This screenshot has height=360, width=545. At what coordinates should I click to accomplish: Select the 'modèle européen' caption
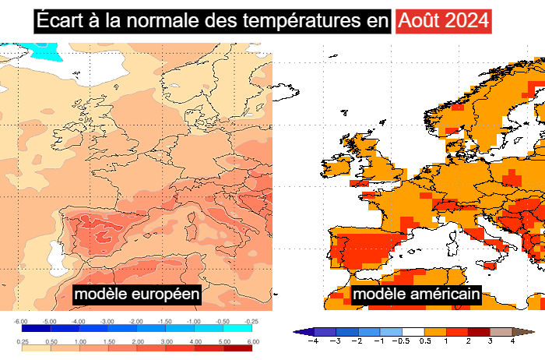137,295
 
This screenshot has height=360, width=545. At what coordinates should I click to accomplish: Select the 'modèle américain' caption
416,295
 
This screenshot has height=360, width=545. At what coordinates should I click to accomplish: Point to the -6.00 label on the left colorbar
20,321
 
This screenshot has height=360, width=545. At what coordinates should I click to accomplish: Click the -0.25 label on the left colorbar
251,321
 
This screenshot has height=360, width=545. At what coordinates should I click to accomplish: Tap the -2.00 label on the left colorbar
136,321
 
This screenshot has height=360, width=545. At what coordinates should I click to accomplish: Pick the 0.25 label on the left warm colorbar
20,342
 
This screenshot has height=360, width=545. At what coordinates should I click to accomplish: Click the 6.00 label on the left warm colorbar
251,342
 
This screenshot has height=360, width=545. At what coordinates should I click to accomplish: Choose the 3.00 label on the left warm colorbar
165,342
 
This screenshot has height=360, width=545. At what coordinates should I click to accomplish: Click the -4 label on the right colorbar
313,341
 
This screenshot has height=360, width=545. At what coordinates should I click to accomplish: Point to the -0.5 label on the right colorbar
403,341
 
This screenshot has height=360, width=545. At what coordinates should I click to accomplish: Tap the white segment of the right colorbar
413,332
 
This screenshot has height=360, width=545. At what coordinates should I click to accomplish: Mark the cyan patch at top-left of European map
43,52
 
